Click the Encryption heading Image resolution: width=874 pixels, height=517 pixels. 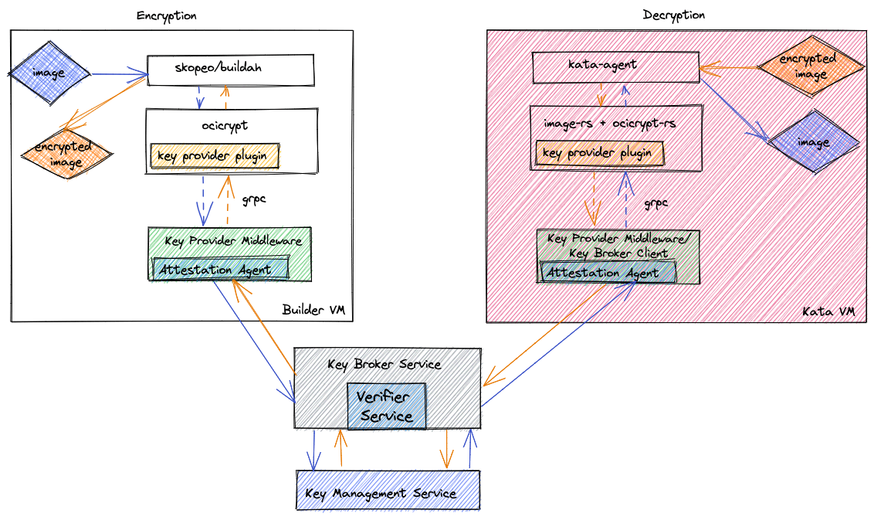(166, 15)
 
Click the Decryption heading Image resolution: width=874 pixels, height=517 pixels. (673, 15)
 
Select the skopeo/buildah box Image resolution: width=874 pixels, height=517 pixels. (230, 70)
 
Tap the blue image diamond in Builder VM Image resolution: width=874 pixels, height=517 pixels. (49, 74)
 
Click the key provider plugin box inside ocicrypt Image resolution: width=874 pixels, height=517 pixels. (215, 156)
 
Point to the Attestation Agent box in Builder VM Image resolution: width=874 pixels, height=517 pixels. (221, 270)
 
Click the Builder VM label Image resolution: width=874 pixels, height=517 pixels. (313, 310)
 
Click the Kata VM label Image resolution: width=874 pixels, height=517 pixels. (828, 311)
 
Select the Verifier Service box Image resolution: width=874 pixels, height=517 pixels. (386, 406)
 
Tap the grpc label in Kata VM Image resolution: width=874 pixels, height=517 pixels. (655, 204)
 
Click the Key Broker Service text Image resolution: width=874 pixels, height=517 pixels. (384, 364)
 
